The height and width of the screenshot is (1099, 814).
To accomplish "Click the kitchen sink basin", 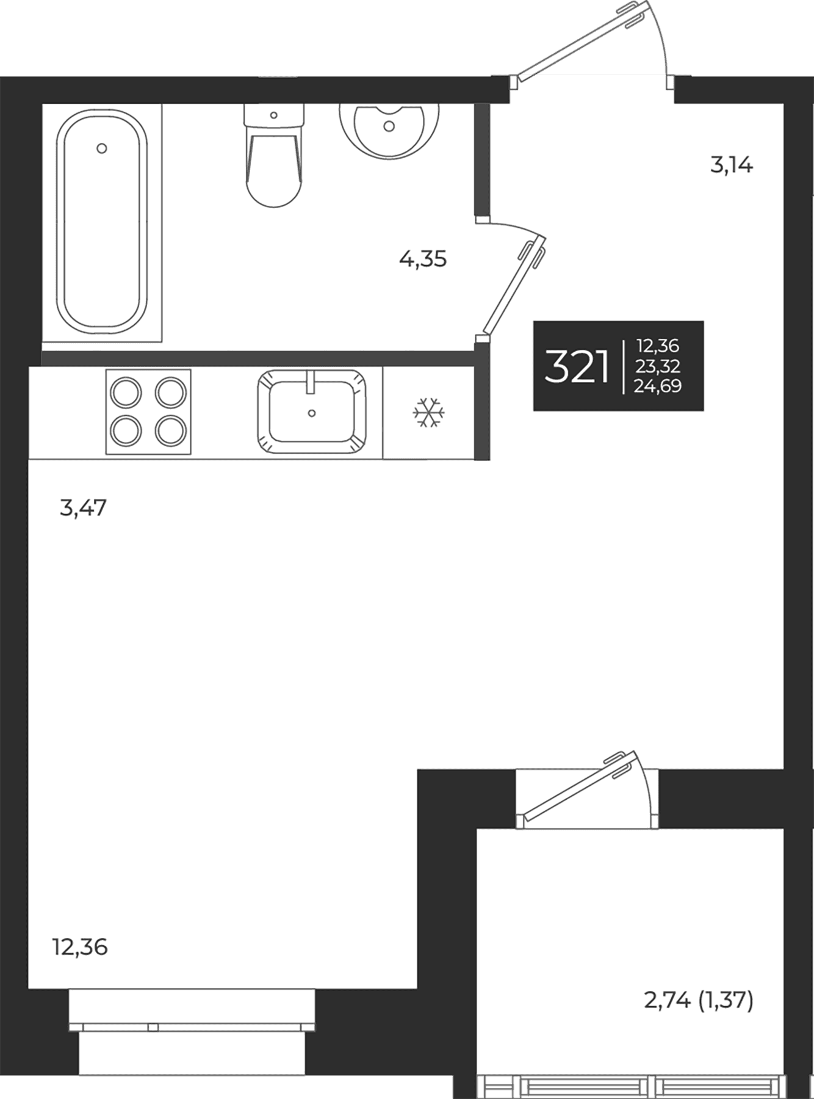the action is click(x=312, y=412).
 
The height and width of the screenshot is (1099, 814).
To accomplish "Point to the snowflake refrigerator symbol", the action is click(x=429, y=413).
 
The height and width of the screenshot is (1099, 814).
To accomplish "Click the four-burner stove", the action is click(x=148, y=412).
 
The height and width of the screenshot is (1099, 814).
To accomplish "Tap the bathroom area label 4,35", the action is click(x=423, y=259).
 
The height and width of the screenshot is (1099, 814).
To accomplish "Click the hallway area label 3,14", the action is click(x=732, y=165).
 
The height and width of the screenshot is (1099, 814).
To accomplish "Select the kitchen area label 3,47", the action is click(x=83, y=507).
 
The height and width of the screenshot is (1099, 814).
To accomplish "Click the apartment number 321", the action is click(x=577, y=368).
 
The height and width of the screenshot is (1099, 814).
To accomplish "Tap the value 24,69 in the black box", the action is click(x=657, y=386).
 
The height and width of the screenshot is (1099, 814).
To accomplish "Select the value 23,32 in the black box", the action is click(x=657, y=366).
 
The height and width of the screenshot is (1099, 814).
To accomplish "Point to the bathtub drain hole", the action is click(x=102, y=148).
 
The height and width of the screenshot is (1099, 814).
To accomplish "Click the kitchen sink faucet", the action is click(x=310, y=382).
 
